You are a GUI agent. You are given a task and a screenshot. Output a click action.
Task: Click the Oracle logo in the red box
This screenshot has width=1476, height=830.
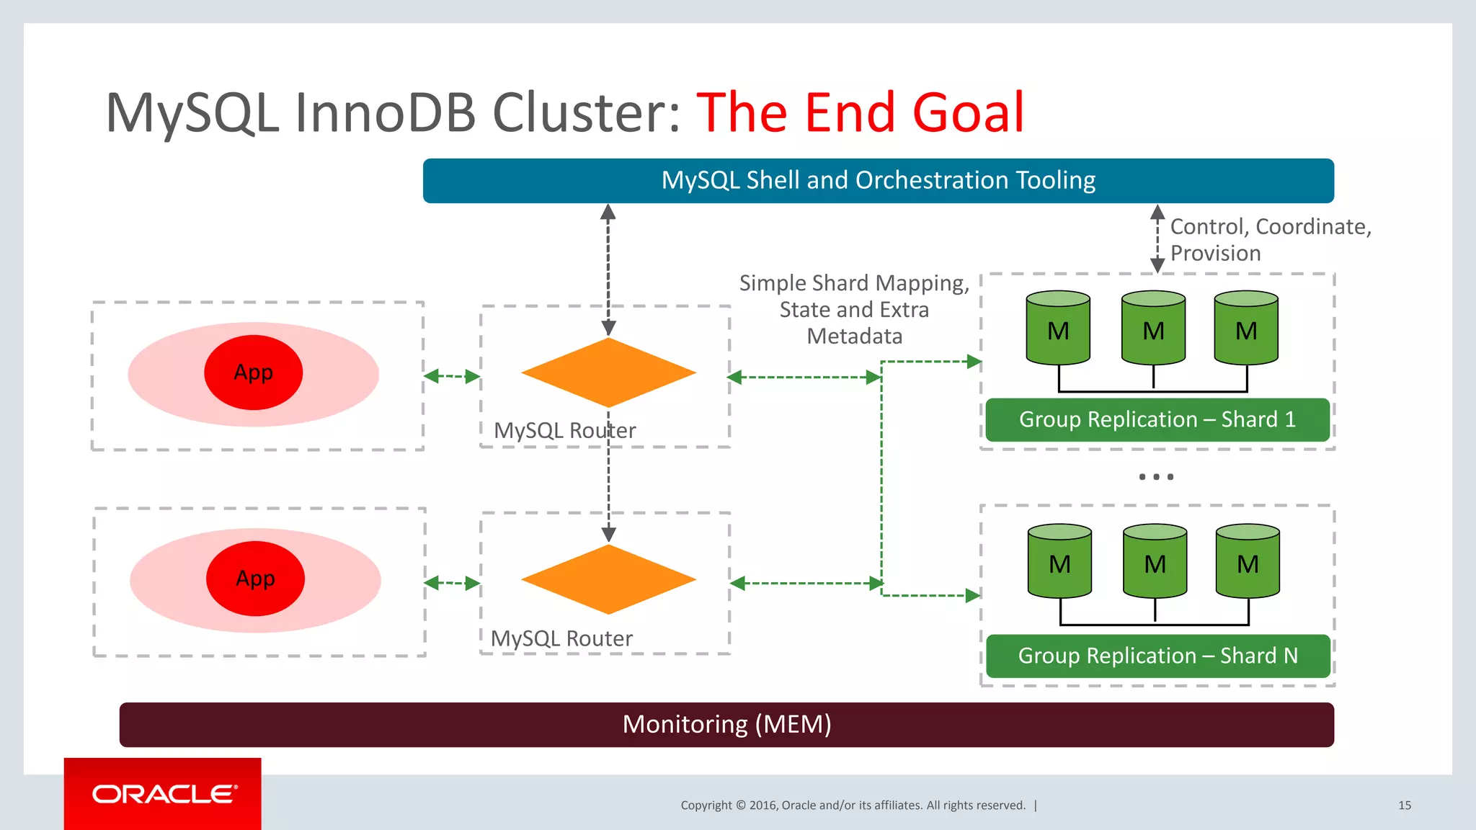point(164,794)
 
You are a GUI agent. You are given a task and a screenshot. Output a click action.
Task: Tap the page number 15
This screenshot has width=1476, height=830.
point(1404,806)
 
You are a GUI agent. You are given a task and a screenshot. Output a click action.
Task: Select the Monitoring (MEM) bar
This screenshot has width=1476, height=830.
point(726,724)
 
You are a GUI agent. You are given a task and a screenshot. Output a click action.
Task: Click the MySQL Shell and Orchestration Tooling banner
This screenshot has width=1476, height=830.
point(878,180)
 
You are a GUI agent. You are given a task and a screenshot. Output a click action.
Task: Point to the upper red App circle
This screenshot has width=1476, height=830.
point(254,372)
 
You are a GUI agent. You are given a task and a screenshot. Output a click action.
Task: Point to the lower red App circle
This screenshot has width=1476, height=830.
point(255,579)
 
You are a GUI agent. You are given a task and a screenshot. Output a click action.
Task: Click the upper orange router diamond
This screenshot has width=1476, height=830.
point(608,372)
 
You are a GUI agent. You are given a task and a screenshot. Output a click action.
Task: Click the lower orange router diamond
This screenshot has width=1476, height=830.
point(608,579)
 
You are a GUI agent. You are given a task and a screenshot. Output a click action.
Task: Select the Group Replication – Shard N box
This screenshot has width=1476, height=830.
point(1157,656)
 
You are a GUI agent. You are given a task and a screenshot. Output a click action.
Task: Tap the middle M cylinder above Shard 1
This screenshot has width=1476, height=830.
point(1153,328)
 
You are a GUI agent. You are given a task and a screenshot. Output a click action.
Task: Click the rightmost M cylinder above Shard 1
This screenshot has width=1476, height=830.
point(1246,328)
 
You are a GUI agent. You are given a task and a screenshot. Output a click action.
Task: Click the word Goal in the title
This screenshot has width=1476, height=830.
point(968,113)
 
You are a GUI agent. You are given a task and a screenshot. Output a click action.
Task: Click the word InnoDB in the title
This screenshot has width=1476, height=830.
point(386,113)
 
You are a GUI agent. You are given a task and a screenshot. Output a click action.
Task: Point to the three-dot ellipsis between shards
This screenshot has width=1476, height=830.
point(1156,477)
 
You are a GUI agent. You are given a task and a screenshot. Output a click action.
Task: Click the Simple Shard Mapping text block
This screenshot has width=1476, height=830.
point(854,309)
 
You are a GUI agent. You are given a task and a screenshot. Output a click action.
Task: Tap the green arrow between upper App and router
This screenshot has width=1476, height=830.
point(452,376)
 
